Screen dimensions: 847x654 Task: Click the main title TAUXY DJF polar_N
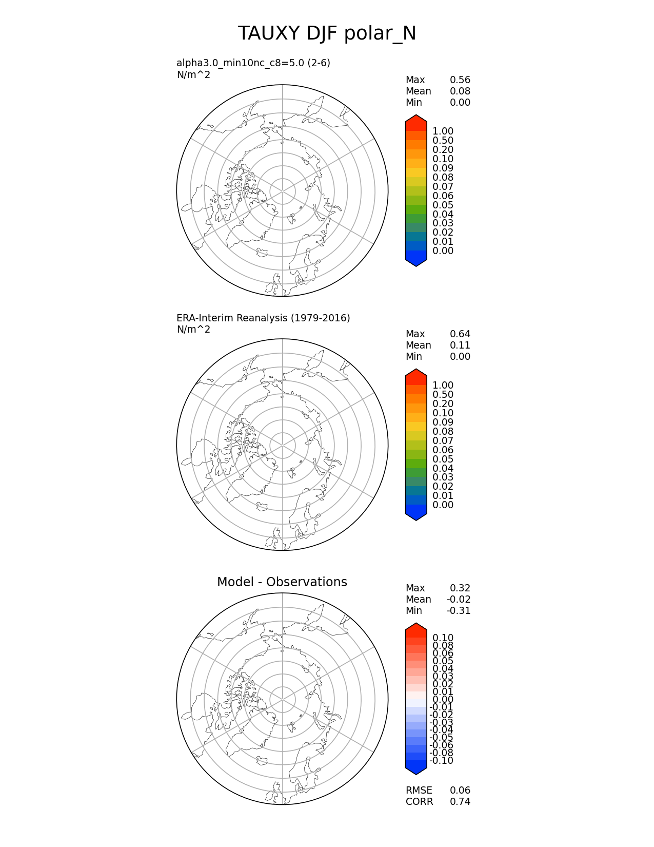tap(327, 34)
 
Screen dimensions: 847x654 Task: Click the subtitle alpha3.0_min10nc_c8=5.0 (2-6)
tap(253, 63)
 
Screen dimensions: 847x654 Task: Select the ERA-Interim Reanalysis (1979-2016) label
tap(263, 318)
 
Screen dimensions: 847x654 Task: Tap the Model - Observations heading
tap(282, 582)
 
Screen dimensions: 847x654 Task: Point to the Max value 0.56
tap(460, 80)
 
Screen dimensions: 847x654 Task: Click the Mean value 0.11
tap(460, 345)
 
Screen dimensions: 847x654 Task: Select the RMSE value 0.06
tap(460, 791)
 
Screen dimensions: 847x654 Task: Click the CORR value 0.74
tap(460, 802)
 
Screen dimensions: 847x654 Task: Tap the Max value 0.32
tap(460, 588)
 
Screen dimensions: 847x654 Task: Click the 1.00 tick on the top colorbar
tap(443, 131)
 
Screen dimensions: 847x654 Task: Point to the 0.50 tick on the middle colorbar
tap(443, 395)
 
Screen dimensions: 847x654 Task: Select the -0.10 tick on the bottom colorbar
tap(441, 761)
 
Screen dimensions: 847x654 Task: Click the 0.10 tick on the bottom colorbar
tap(443, 638)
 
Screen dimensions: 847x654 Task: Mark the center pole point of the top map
tap(283, 191)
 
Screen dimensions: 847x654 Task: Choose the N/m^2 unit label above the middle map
tap(193, 330)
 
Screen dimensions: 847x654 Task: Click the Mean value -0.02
tap(458, 600)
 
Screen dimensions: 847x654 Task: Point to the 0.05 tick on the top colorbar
tap(443, 205)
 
